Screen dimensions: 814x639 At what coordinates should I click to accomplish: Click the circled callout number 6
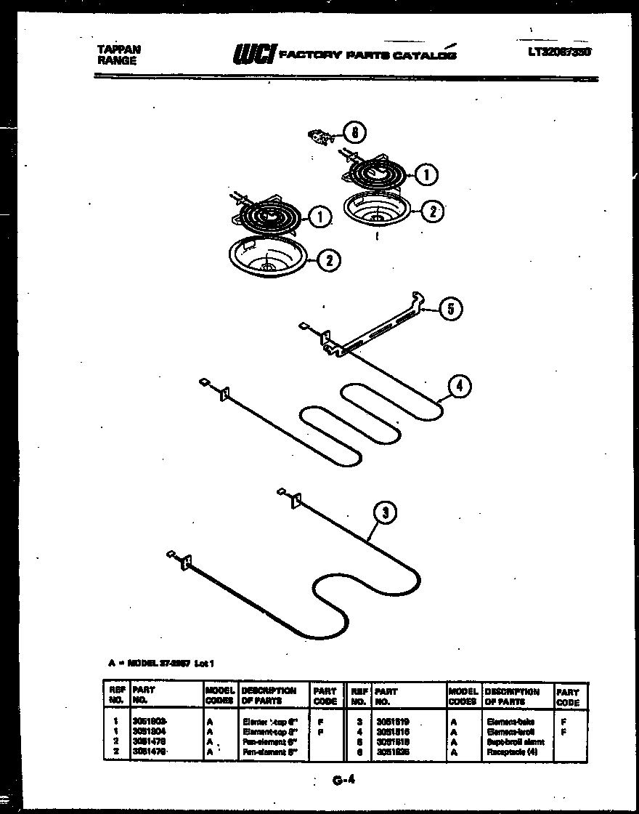tap(354, 133)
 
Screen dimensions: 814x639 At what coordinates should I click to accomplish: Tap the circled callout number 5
tap(449, 309)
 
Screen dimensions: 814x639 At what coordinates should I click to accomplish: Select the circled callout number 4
tap(458, 387)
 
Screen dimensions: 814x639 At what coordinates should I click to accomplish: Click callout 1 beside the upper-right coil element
tap(426, 174)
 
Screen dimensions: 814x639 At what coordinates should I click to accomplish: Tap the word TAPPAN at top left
tap(119, 49)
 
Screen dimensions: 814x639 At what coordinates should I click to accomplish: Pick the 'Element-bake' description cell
tap(513, 721)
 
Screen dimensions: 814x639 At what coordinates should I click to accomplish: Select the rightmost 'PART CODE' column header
tap(568, 698)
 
